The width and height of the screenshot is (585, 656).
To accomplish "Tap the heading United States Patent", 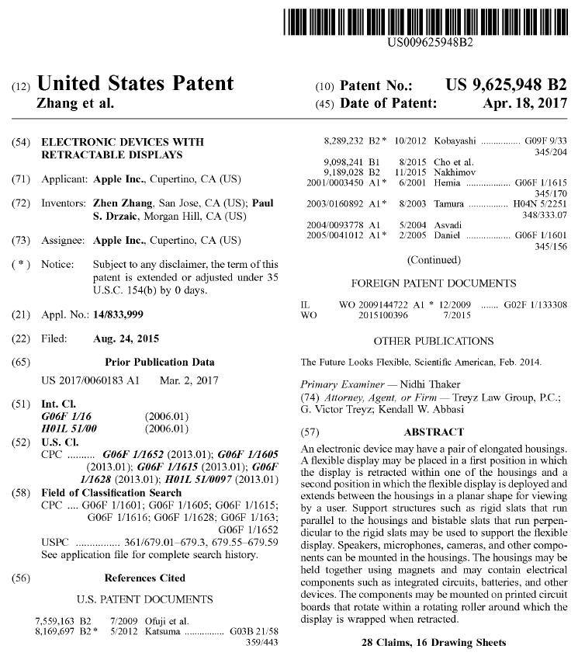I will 135,84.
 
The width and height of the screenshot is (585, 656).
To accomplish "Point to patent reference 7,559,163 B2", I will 64,621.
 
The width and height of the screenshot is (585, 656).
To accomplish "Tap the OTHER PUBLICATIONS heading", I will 434,341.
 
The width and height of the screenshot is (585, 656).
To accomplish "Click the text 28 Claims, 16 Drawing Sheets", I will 434,643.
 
